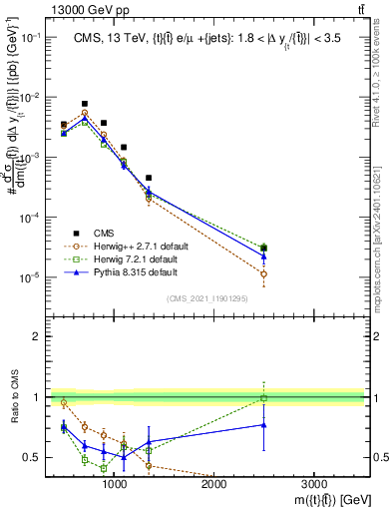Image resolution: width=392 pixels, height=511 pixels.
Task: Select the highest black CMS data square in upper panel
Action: point(85,103)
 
